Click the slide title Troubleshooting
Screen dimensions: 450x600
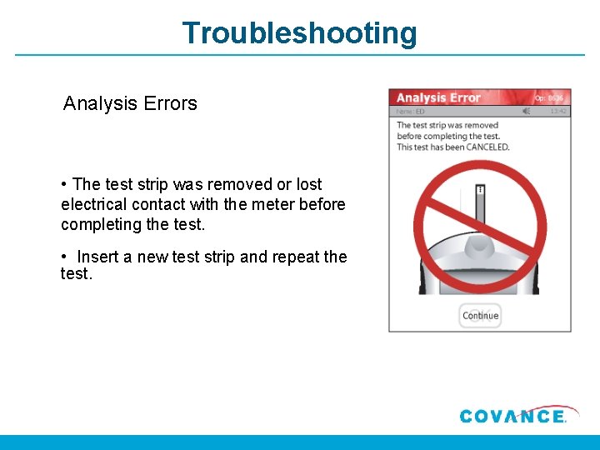coord(299,33)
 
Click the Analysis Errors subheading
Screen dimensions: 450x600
coord(130,104)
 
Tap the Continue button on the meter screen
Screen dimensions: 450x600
coord(480,316)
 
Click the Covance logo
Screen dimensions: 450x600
coord(512,416)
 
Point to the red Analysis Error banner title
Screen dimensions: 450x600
coord(438,98)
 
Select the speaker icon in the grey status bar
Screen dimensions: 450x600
coord(526,111)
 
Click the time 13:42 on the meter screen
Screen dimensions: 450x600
coord(558,111)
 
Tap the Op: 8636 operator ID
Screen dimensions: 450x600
coord(551,97)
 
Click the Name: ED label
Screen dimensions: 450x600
coord(410,111)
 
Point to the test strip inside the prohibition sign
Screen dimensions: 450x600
coord(480,208)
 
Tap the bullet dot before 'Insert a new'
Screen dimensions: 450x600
coord(64,257)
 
